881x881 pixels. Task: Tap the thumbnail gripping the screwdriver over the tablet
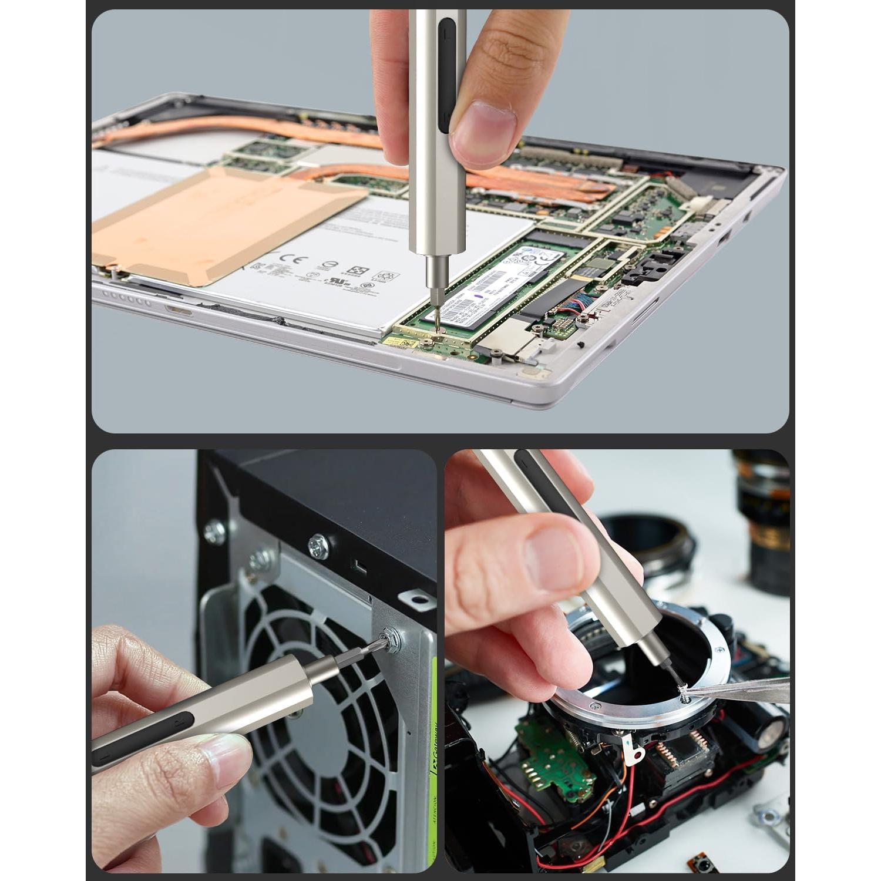[483, 127]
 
